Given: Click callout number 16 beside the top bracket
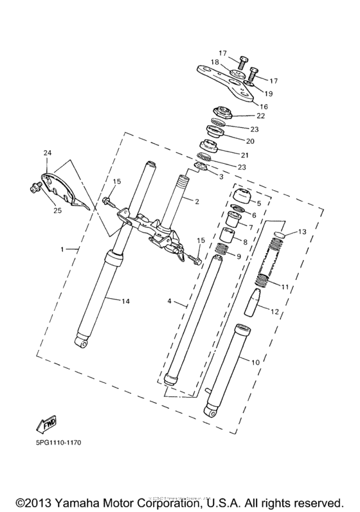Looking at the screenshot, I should [x=264, y=106].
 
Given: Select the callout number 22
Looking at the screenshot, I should [x=261, y=116].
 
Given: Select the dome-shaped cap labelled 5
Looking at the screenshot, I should [x=242, y=195].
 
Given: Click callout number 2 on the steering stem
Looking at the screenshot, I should [x=197, y=201].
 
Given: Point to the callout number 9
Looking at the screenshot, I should [x=258, y=256].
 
